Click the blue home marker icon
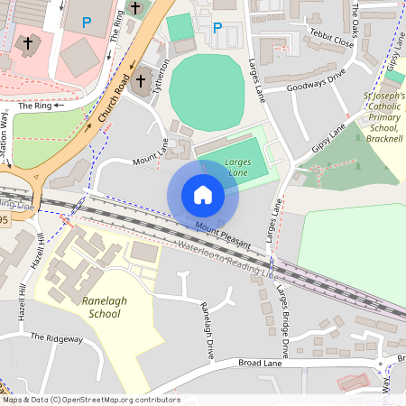[203, 194]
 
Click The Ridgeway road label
[56, 337]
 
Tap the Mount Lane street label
[152, 154]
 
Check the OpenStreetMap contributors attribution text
[90, 400]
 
